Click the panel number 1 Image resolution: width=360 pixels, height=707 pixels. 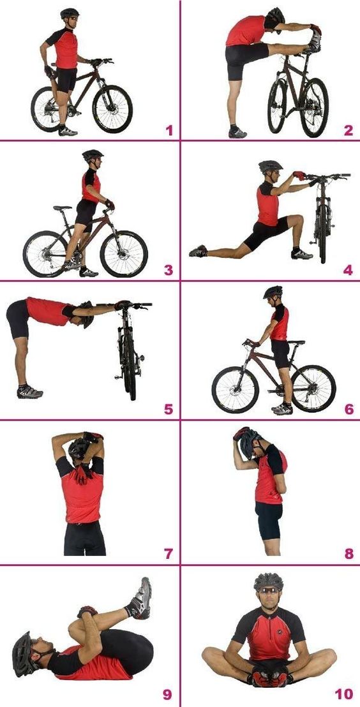[x=169, y=131]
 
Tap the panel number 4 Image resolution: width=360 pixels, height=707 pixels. [x=348, y=270]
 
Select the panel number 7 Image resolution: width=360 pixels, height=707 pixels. [x=169, y=553]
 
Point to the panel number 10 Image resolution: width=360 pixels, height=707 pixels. [x=344, y=694]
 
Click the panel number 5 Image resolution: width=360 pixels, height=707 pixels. [x=169, y=409]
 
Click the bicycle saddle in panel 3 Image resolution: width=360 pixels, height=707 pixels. [x=63, y=208]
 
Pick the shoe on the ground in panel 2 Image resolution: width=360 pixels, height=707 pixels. [x=237, y=133]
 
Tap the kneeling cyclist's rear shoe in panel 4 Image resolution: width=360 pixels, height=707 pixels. [x=198, y=251]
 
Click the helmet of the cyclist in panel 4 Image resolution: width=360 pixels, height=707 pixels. [x=270, y=167]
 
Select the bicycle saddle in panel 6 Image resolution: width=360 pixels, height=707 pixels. [x=296, y=343]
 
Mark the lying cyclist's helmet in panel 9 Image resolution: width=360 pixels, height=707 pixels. [x=24, y=654]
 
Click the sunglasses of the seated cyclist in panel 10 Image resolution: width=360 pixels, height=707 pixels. [x=269, y=590]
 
